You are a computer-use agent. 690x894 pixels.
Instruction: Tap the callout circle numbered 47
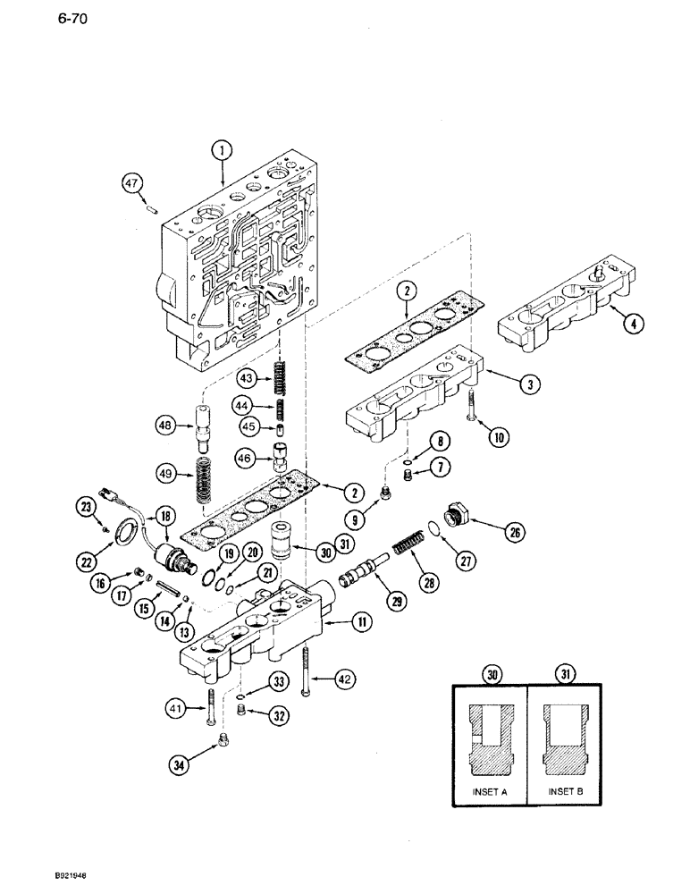[132, 184]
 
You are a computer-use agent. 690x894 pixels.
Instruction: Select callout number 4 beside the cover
[631, 325]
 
